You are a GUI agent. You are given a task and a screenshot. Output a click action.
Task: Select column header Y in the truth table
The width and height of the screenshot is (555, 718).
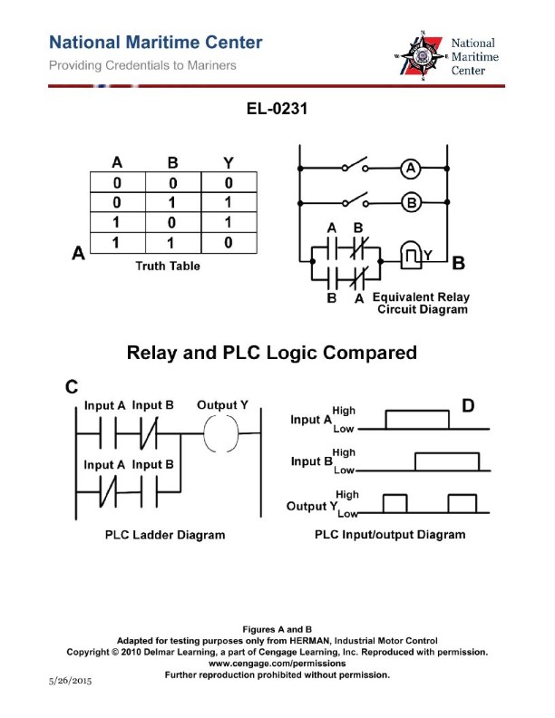228,163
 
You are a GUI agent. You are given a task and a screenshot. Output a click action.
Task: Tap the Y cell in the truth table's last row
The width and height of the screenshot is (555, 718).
228,243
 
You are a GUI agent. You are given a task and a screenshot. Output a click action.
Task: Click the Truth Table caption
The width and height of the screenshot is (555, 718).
168,266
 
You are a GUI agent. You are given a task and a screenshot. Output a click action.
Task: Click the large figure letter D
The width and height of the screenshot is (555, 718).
469,406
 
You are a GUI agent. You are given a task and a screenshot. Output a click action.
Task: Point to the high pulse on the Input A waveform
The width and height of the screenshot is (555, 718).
416,420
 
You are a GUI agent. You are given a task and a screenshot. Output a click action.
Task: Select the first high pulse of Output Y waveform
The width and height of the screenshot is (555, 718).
394,502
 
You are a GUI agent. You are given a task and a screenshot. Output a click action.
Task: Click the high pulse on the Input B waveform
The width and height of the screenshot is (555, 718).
447,461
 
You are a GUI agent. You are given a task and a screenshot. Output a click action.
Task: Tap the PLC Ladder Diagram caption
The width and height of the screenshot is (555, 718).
168,535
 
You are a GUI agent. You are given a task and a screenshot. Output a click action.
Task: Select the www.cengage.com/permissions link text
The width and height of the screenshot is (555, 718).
277,663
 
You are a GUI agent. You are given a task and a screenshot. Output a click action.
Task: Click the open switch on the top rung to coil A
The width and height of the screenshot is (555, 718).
355,168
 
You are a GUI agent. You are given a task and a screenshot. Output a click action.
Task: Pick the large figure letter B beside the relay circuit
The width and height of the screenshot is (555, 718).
458,265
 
